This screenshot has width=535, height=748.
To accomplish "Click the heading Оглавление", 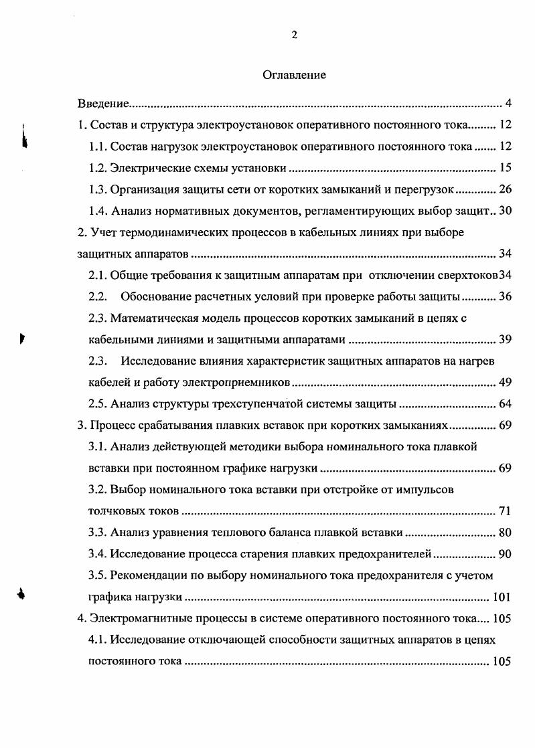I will click(x=294, y=75).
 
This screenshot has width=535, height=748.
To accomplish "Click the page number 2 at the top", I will click(x=294, y=35).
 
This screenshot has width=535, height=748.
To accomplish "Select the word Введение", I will click(x=102, y=104).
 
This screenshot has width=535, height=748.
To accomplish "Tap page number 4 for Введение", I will click(x=508, y=104).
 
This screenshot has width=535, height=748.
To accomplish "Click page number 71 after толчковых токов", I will click(x=506, y=512).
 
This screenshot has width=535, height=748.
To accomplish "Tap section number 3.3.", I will click(x=98, y=533).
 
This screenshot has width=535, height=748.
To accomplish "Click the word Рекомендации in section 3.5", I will click(x=147, y=576).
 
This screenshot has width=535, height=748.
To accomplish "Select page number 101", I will click(x=502, y=597).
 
